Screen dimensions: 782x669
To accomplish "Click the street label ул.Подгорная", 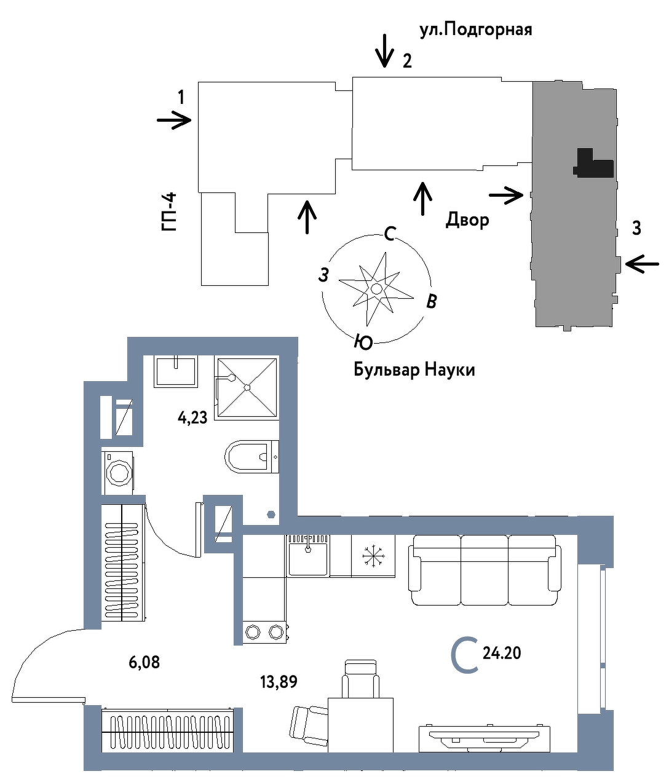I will click(475, 29).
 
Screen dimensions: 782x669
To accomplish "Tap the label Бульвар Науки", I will click(414, 369).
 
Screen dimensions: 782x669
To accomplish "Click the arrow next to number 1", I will click(175, 120).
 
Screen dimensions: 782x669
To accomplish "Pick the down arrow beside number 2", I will click(385, 50).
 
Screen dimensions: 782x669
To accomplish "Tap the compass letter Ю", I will click(363, 342).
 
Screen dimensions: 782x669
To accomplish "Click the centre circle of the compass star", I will click(376, 288).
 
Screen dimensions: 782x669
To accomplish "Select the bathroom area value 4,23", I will click(192, 418).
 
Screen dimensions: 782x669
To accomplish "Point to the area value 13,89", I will click(279, 681).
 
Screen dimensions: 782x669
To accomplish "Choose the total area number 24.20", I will click(502, 653).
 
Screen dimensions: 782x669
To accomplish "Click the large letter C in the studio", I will click(464, 656).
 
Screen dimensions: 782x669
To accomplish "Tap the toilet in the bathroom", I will click(251, 456).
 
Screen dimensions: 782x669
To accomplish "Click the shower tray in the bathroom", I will click(246, 387).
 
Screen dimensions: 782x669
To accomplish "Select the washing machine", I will click(118, 472).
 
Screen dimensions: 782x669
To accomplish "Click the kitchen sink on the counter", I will click(308, 555).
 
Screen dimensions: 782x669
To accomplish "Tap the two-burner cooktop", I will click(265, 631).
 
